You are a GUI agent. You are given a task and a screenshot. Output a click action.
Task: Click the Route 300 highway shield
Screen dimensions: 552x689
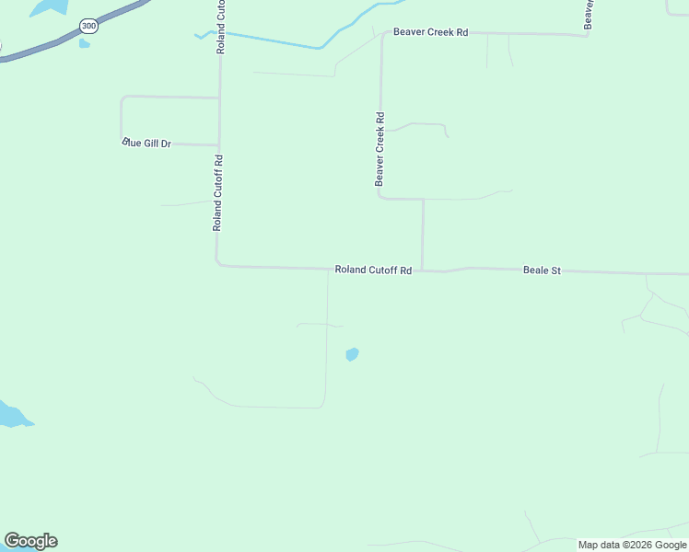click(88, 26)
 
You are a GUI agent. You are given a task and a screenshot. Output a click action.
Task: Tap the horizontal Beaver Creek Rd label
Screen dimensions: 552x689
click(430, 32)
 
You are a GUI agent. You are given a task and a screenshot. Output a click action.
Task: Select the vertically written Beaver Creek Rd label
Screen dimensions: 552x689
click(380, 149)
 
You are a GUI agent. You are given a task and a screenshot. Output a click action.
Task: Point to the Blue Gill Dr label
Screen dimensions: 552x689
click(147, 144)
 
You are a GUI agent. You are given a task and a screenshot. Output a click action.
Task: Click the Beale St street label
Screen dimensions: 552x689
click(542, 270)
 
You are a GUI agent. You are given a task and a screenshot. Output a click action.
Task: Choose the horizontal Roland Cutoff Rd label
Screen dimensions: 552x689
click(372, 270)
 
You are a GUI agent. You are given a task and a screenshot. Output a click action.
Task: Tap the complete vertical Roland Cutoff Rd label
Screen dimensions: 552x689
click(218, 192)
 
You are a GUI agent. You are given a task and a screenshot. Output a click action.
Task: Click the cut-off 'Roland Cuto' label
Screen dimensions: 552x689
click(221, 27)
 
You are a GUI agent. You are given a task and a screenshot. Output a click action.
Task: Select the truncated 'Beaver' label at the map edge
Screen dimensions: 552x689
click(588, 14)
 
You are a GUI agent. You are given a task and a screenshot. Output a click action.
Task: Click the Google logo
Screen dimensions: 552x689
click(30, 541)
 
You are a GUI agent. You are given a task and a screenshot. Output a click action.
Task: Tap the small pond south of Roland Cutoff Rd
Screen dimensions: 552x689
click(352, 354)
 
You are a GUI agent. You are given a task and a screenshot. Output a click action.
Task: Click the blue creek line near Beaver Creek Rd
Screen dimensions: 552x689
click(276, 41)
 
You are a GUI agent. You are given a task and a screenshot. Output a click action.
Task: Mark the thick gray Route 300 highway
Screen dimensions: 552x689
click(46, 48)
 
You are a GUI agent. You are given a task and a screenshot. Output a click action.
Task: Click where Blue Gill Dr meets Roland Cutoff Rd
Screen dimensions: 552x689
click(218, 145)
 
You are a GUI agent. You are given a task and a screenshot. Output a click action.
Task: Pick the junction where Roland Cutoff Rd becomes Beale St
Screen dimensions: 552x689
click(423, 270)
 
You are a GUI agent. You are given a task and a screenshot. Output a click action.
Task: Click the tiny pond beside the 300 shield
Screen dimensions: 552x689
click(85, 42)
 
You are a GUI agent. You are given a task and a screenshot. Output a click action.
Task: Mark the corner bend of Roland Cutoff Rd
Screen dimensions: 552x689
click(218, 265)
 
